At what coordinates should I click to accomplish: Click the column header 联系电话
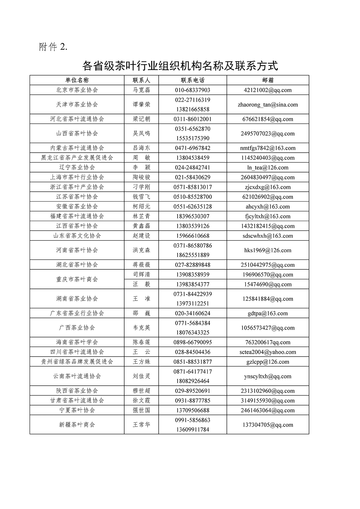pos(193,80)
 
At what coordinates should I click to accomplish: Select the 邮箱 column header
pos(268,80)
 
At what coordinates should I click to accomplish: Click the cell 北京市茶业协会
pos(77,90)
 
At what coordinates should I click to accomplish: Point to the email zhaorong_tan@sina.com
pos(268,105)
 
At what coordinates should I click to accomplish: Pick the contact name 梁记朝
pos(141,119)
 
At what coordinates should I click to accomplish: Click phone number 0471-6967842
pos(193,148)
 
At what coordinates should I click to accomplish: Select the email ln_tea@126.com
pos(268,168)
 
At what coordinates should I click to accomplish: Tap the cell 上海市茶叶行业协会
pos(77,177)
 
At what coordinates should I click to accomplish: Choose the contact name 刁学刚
pos(141,187)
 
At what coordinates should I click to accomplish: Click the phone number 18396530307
pos(193,216)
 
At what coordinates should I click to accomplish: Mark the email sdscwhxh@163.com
pos(268,236)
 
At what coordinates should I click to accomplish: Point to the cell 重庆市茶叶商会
pos(77,279)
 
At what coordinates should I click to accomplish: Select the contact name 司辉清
pos(141,274)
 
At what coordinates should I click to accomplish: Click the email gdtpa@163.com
pos(268,313)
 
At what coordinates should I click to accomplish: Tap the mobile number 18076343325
pos(193,333)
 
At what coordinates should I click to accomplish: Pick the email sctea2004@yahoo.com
pos(268,352)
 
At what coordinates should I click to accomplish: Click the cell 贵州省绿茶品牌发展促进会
pos(77,362)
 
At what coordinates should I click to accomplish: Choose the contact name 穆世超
pos(141,391)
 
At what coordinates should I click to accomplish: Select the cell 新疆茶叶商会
pos(77,425)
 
